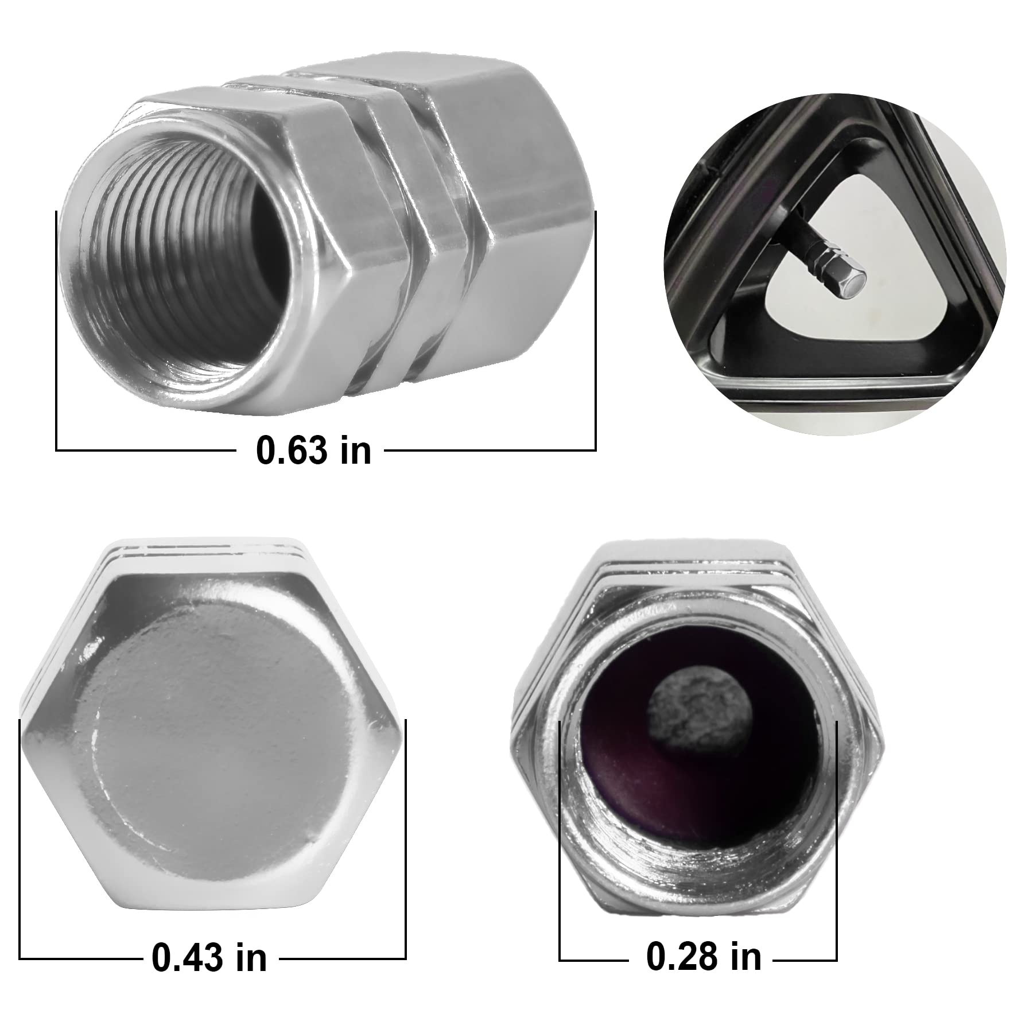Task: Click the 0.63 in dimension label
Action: [x=313, y=451]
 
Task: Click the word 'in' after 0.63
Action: [x=356, y=451]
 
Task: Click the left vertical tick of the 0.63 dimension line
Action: [x=57, y=333]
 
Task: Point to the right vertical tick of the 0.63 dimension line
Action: [x=596, y=333]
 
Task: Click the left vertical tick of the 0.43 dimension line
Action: [x=20, y=838]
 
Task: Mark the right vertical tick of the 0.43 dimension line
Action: [x=406, y=838]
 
